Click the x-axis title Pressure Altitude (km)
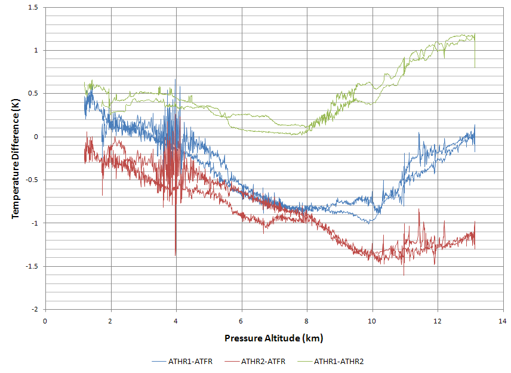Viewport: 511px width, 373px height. pyautogui.click(x=273, y=338)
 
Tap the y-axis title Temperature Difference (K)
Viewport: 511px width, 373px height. pyautogui.click(x=16, y=158)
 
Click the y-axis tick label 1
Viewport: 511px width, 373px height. pyautogui.click(x=36, y=50)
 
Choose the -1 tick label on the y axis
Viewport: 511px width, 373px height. pyautogui.click(x=34, y=223)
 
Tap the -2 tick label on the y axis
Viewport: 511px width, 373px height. pyautogui.click(x=34, y=310)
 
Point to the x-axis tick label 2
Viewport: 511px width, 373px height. pyautogui.click(x=110, y=320)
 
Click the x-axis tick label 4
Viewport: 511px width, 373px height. pyautogui.click(x=176, y=320)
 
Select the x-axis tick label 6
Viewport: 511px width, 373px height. pyautogui.click(x=242, y=320)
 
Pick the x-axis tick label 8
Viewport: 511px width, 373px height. pyautogui.click(x=307, y=320)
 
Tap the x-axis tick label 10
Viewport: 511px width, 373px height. pyautogui.click(x=373, y=320)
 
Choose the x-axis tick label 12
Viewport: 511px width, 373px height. pyautogui.click(x=438, y=320)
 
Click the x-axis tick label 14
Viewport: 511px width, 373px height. pyautogui.click(x=503, y=320)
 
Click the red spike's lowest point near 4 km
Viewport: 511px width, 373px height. pyautogui.click(x=176, y=255)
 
